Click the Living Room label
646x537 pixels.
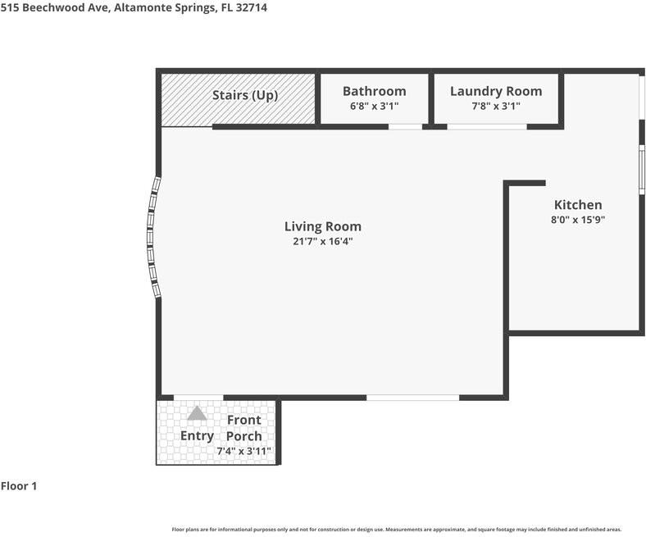click(x=322, y=226)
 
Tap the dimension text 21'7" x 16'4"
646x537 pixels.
click(x=322, y=241)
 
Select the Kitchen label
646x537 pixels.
click(x=578, y=205)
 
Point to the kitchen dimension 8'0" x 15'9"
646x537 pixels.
click(x=578, y=220)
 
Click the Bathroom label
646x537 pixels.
click(x=374, y=91)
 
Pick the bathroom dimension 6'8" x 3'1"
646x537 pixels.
click(x=374, y=106)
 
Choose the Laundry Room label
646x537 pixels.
click(x=496, y=91)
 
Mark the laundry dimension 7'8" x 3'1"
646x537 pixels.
click(x=496, y=106)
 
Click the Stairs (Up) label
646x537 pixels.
click(x=245, y=95)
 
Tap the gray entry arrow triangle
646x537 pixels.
click(x=197, y=414)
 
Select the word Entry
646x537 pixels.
click(x=197, y=435)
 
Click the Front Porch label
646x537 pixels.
click(x=243, y=428)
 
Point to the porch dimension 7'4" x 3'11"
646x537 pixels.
click(x=243, y=451)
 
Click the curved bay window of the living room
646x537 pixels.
click(x=152, y=238)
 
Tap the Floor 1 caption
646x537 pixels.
click(x=19, y=486)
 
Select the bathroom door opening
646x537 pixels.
click(x=405, y=126)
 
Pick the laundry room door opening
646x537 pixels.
click(x=486, y=126)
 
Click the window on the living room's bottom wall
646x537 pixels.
click(x=412, y=398)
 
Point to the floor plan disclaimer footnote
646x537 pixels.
click(x=396, y=530)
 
